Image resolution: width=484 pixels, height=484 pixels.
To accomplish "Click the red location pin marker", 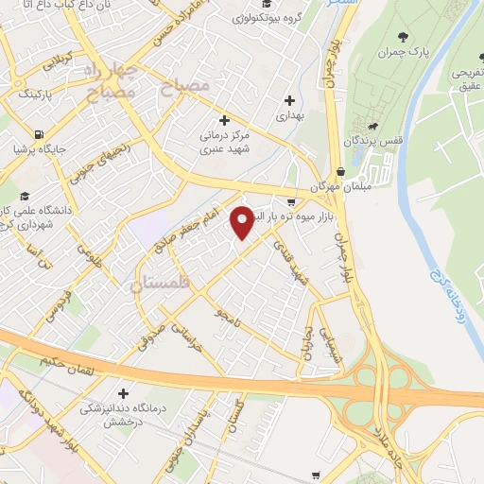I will pyautogui.click(x=242, y=222).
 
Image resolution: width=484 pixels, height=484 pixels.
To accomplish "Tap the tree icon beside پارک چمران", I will pyautogui.click(x=405, y=38).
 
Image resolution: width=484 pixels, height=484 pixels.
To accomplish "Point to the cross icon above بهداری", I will pyautogui.click(x=289, y=99).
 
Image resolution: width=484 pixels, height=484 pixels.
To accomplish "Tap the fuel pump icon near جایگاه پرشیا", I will pyautogui.click(x=37, y=133).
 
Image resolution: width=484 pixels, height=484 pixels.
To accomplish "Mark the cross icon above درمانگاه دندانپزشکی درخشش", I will pyautogui.click(x=123, y=393).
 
